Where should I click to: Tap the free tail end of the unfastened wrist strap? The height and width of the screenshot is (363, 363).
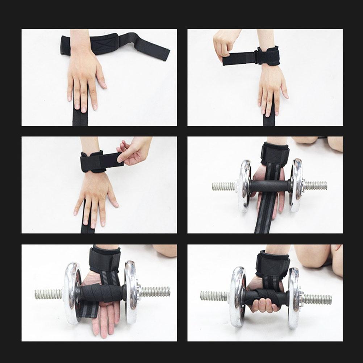(x=159, y=51)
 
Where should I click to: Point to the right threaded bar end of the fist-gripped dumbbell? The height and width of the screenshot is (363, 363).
(x=317, y=299)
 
